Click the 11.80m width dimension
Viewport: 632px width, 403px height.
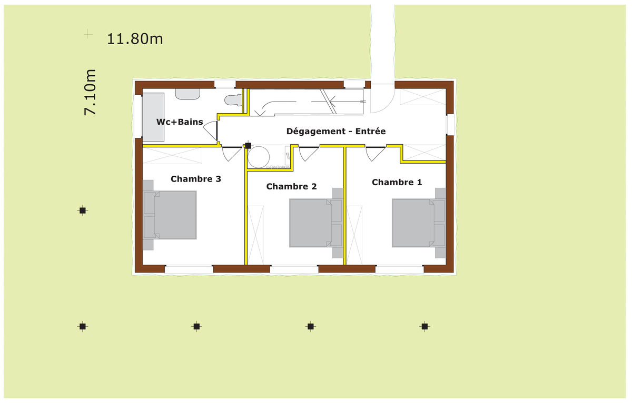click(x=135, y=39)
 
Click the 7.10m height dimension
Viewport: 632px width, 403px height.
click(x=90, y=92)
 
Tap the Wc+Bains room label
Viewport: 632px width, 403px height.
click(x=180, y=122)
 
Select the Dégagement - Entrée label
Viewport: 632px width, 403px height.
click(x=336, y=131)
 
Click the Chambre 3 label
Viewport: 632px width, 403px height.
click(x=196, y=179)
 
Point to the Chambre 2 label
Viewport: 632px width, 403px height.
click(x=291, y=186)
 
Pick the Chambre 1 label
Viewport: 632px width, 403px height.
click(x=397, y=183)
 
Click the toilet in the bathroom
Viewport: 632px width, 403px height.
click(x=233, y=100)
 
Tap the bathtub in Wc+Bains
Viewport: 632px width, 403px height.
click(x=153, y=117)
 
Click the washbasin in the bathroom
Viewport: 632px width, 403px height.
click(x=188, y=94)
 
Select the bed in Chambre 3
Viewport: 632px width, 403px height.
click(x=170, y=215)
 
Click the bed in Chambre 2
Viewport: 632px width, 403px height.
click(x=316, y=223)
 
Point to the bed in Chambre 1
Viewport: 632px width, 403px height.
click(x=419, y=223)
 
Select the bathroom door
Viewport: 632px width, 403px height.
click(x=211, y=130)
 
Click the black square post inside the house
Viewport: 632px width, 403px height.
click(x=248, y=146)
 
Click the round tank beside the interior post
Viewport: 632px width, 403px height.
click(x=259, y=157)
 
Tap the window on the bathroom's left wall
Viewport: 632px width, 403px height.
click(x=138, y=117)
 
